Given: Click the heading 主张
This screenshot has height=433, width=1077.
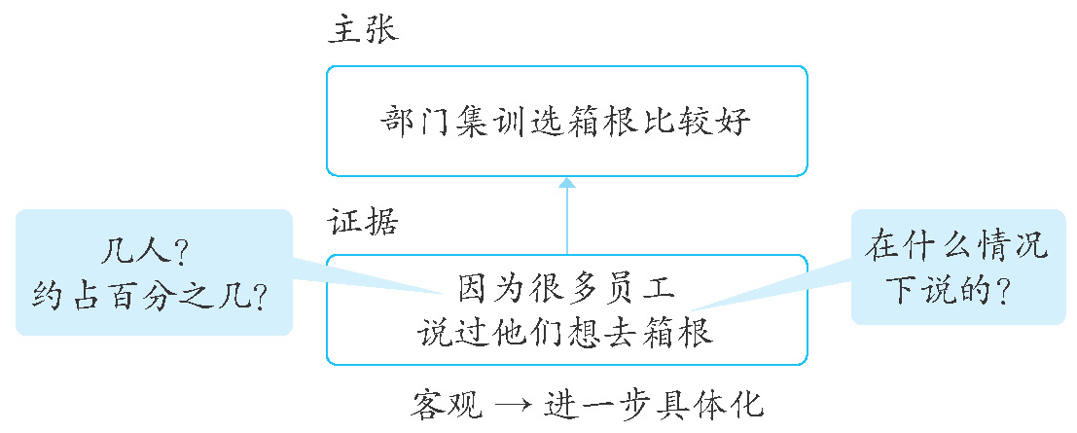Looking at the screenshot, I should point(362,30).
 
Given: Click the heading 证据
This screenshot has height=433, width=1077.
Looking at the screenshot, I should point(362,222).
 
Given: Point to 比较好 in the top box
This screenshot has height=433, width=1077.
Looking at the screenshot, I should point(706,124).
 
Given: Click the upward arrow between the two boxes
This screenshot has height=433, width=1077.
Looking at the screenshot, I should point(566,214).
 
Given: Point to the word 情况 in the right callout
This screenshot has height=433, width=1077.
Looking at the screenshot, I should point(1011,247).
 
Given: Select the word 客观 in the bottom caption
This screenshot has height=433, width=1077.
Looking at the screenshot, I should point(444,401).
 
